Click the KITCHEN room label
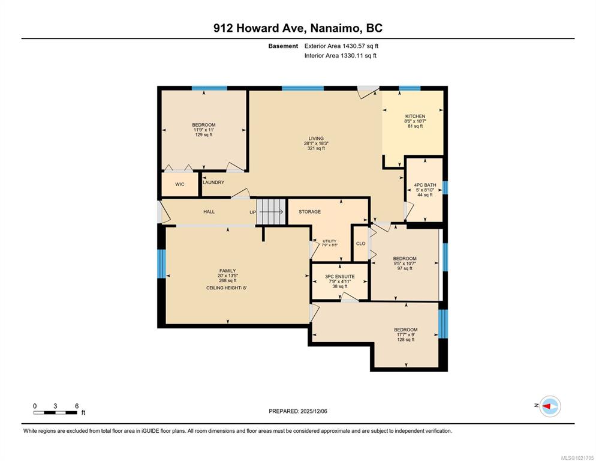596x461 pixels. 415,116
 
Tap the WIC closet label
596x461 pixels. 180,184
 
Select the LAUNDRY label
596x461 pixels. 213,182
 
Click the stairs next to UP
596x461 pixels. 271,211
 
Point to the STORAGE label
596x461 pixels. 309,212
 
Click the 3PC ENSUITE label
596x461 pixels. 340,277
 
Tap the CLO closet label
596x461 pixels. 361,244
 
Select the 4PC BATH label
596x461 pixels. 425,185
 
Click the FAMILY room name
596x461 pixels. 227,271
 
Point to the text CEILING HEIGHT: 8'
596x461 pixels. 227,288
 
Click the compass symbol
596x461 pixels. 550,406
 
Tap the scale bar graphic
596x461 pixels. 56,412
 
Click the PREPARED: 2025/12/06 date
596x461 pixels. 298,411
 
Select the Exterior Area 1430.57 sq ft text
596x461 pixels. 341,46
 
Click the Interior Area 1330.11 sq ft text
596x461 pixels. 341,56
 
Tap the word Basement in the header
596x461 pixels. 283,46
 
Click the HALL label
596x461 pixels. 209,212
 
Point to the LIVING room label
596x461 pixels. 316,139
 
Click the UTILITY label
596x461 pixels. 330,241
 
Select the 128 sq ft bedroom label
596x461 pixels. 405,340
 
